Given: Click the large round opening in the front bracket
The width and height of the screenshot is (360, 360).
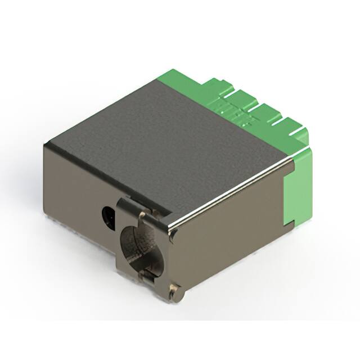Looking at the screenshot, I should click(138, 242).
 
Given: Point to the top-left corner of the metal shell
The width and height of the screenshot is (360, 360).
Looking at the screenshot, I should click(46, 145).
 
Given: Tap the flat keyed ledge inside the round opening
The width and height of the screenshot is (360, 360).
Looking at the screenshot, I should click(147, 276).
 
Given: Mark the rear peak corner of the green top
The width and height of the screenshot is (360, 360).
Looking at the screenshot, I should click(169, 71).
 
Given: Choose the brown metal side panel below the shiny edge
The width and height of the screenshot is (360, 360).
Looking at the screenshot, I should click(231, 236).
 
